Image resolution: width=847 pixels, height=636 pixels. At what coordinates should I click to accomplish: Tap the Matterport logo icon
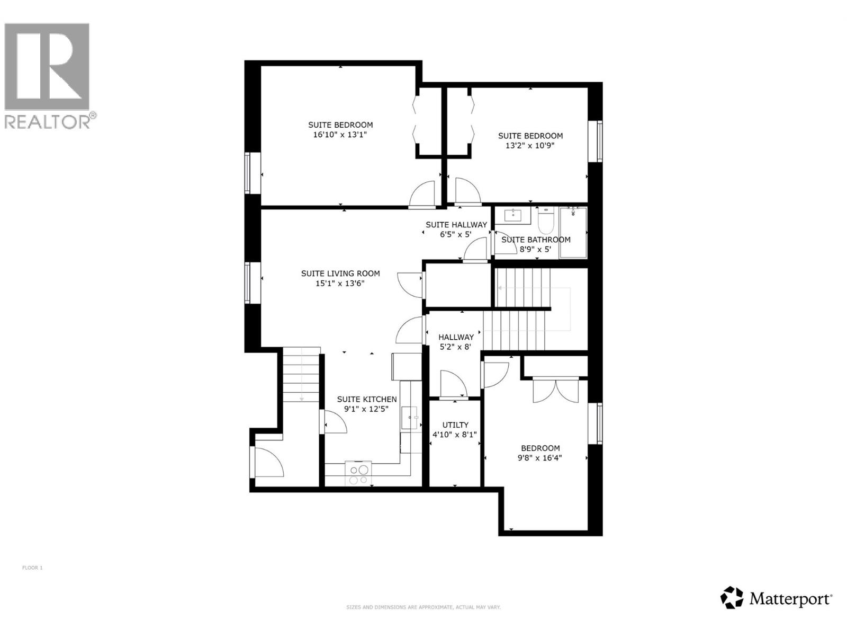(x=732, y=598)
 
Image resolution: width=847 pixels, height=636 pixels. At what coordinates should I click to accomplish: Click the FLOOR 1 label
(x=32, y=568)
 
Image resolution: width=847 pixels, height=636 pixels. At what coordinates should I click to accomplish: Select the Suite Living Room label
(x=340, y=273)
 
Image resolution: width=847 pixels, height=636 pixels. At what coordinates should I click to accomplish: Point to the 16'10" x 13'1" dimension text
(x=340, y=135)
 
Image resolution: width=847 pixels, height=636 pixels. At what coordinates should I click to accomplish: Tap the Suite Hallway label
(x=456, y=225)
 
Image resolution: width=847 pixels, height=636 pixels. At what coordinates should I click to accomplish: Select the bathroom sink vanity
(x=513, y=215)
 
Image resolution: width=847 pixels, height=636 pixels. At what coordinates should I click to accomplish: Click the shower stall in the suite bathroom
(x=573, y=232)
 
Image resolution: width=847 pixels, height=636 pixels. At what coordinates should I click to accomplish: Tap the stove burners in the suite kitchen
(x=358, y=474)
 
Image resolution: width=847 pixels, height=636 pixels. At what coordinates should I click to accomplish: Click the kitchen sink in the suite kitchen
(x=410, y=418)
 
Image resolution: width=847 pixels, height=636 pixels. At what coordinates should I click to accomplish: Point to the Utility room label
(x=455, y=425)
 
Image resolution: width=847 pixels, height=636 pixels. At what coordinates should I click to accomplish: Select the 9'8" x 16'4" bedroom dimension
(x=540, y=458)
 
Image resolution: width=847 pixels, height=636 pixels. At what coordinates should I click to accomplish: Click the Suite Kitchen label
(x=367, y=399)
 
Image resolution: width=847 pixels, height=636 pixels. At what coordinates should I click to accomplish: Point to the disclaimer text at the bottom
(x=423, y=607)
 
